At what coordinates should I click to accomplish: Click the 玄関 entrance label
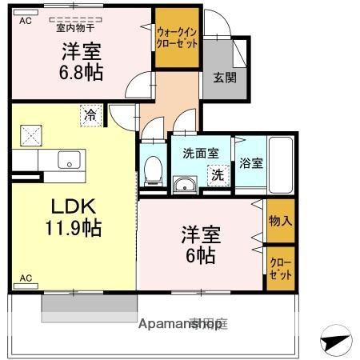224,78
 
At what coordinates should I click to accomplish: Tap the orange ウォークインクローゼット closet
177,38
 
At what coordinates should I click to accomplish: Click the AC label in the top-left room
26,21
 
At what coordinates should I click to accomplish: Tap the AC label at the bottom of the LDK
26,278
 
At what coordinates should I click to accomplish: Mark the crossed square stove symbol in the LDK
33,135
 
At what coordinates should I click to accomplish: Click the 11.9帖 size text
73,228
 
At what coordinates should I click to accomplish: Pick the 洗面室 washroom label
200,153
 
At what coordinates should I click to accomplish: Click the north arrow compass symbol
336,342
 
